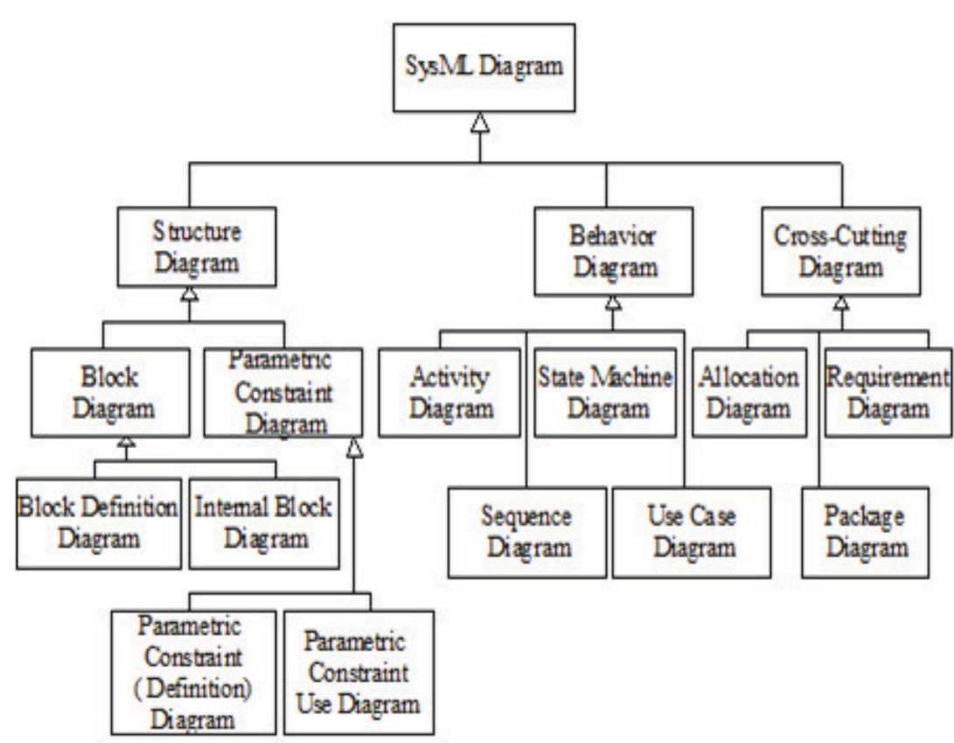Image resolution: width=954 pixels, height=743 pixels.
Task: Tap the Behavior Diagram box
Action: pyautogui.click(x=614, y=249)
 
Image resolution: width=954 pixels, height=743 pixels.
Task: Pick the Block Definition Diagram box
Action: pyautogui.click(x=99, y=522)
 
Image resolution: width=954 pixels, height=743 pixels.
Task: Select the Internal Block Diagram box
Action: pyautogui.click(x=265, y=522)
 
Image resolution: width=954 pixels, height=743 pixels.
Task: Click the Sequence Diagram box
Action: pyautogui.click(x=527, y=533)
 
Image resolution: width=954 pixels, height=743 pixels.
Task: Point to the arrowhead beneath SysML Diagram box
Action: pyautogui.click(x=479, y=128)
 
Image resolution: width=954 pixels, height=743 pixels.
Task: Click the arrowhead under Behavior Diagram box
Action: pyautogui.click(x=614, y=304)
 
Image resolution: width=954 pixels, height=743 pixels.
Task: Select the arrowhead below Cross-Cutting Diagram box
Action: pyautogui.click(x=841, y=304)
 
